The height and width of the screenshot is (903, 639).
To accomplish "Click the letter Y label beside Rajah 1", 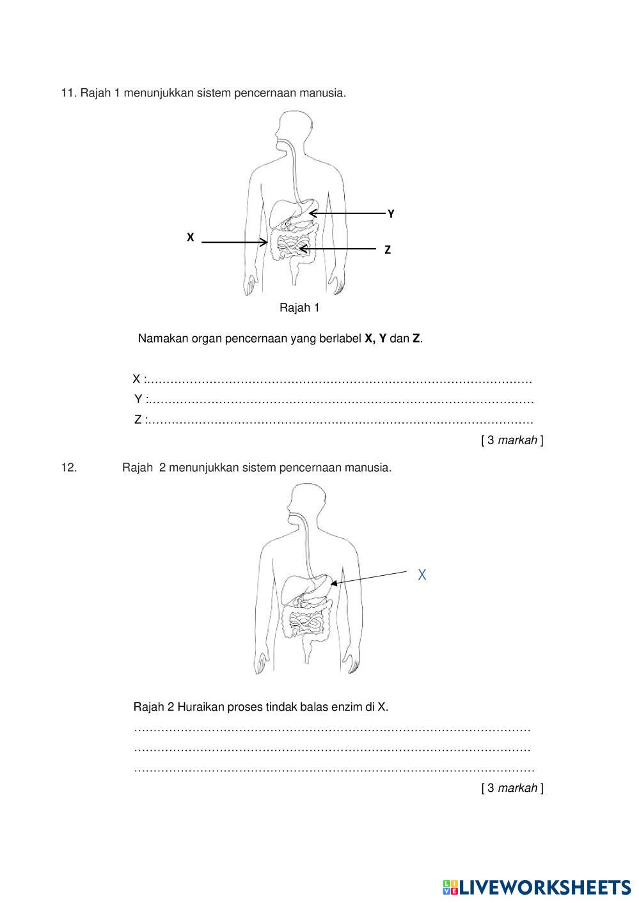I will (x=391, y=214).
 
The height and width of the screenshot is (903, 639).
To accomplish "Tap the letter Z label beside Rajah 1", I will (x=388, y=251).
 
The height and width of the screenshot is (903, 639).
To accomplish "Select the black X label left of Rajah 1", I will (x=190, y=238).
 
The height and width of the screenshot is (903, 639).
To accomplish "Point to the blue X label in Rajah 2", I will (x=422, y=575).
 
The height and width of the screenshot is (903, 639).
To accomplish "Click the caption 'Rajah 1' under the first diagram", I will (x=299, y=308).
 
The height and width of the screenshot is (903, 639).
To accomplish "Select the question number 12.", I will (x=68, y=468).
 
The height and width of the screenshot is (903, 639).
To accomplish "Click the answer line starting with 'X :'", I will (x=333, y=380).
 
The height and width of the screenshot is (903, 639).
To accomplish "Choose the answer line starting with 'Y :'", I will (x=334, y=400).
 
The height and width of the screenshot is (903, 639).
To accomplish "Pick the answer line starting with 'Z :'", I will (x=334, y=421).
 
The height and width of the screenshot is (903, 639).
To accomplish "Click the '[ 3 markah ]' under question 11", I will (x=512, y=440).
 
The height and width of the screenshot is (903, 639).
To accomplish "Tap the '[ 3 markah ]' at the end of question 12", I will (x=512, y=788).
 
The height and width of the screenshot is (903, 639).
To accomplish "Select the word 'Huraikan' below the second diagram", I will (x=201, y=707).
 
